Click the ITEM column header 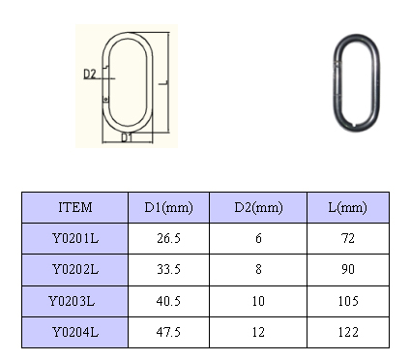(75, 207)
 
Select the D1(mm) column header (168, 207)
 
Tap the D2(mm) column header (258, 207)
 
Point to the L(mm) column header (347, 207)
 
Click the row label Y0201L (75, 238)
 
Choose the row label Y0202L (75, 269)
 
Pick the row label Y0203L (72, 301)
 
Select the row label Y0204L (75, 332)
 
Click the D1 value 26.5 (168, 238)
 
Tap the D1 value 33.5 (168, 269)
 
